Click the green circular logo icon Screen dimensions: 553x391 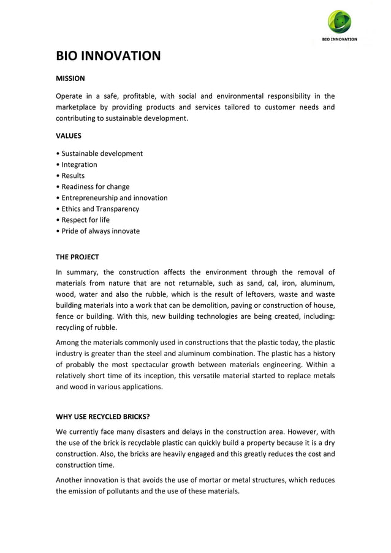[339, 22]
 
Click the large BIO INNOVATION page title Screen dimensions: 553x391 [108, 56]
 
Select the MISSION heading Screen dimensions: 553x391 [70, 78]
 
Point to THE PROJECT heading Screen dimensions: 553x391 [77, 257]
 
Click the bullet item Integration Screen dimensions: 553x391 [78, 164]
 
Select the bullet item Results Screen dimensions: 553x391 [72, 175]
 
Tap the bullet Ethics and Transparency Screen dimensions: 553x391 [100, 208]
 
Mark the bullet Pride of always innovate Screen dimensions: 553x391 [100, 231]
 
